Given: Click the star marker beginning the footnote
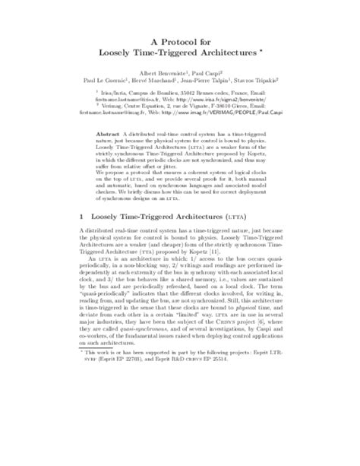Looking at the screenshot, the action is (x=82, y=439).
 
